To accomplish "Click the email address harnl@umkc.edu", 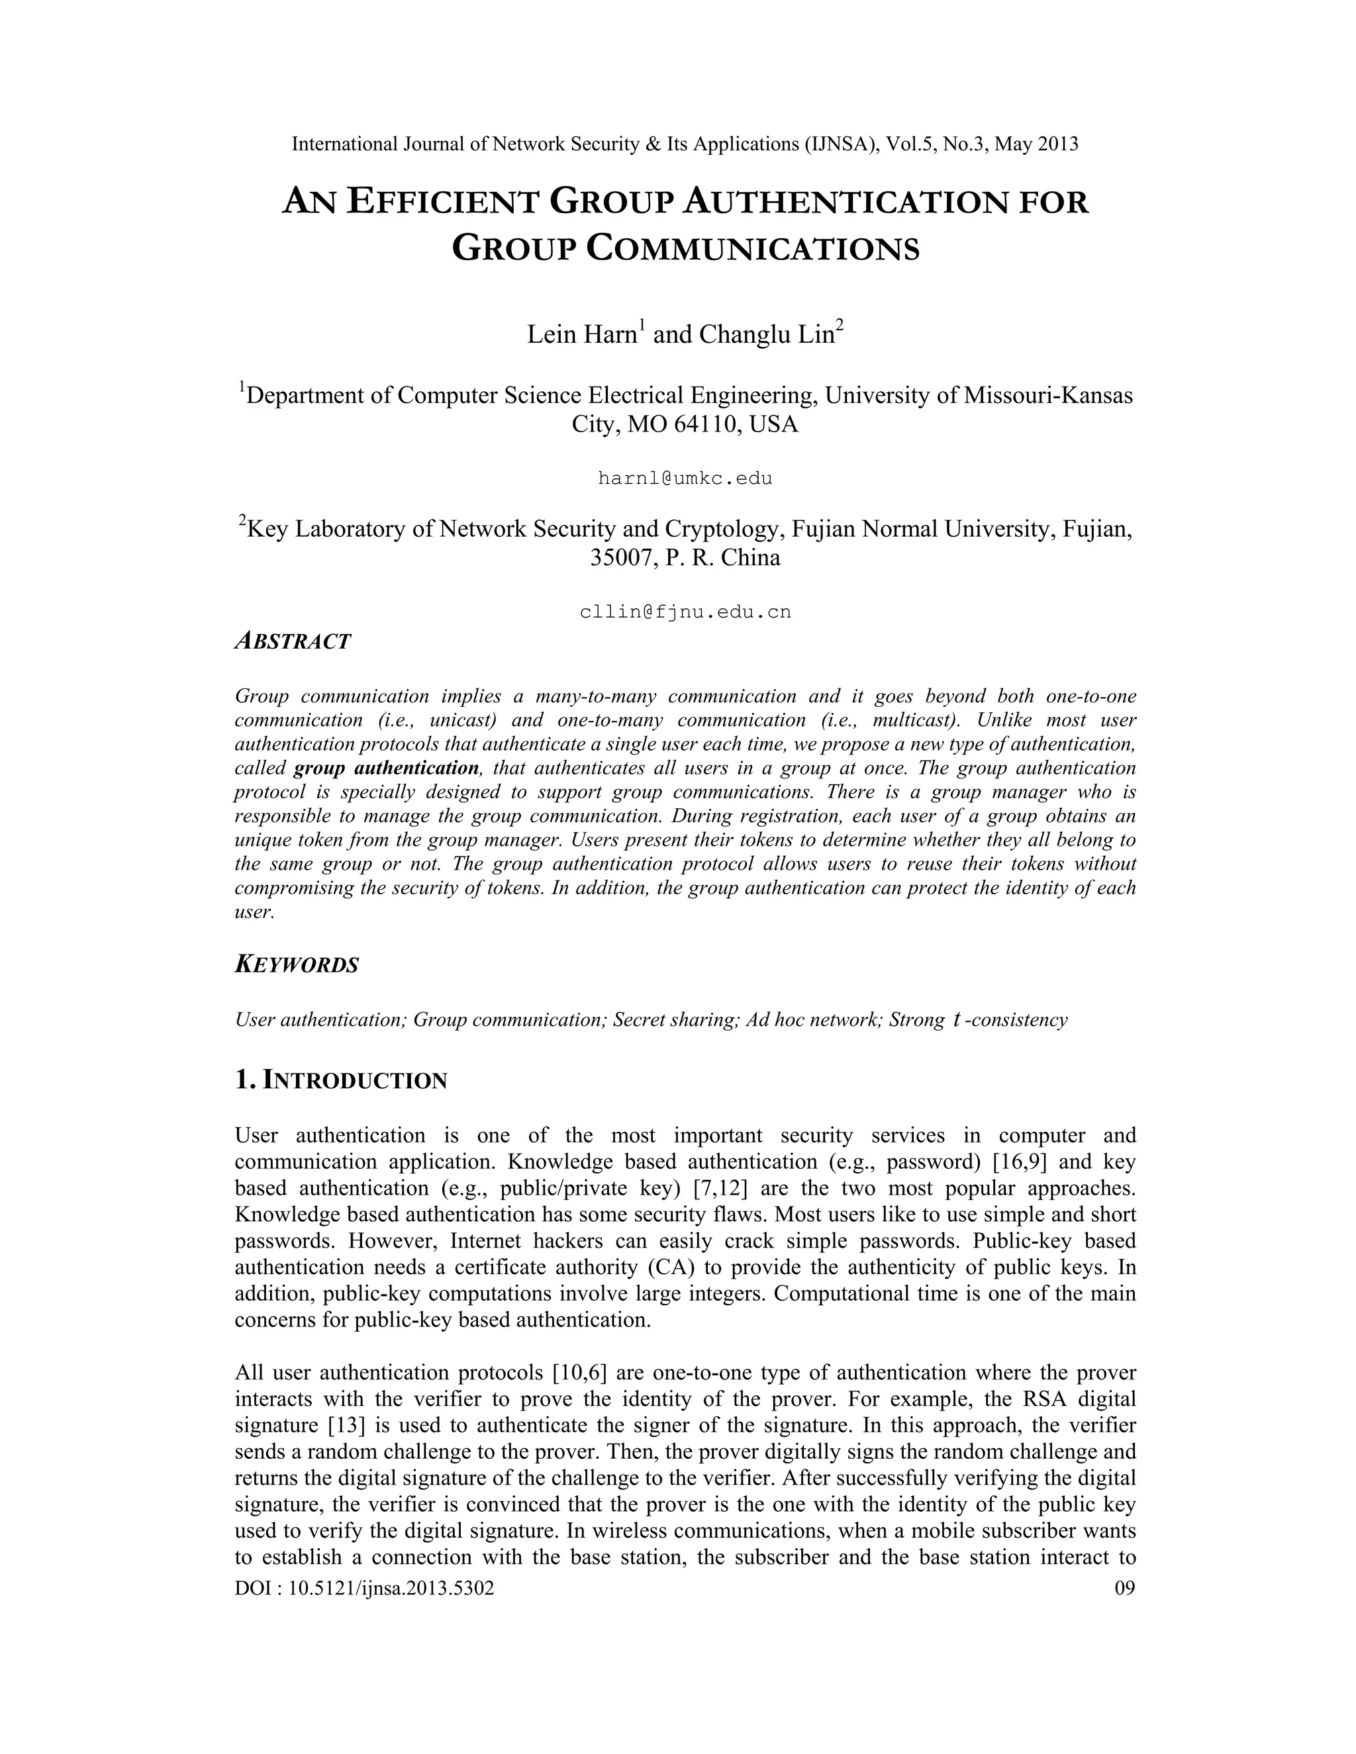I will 685,479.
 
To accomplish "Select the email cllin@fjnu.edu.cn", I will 685,612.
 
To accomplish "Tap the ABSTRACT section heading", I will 293,641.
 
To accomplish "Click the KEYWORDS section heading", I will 297,964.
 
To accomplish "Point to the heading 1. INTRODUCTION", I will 340,1080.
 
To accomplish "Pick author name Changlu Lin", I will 767,334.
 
